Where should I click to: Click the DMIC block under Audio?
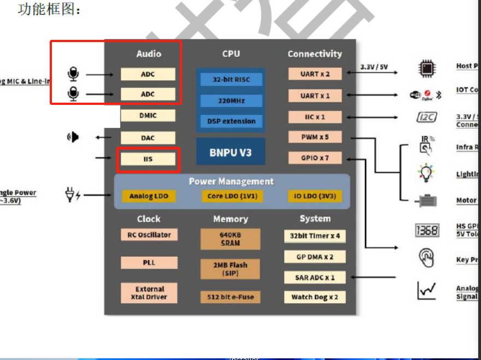(x=148, y=115)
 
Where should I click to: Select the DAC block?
(x=148, y=138)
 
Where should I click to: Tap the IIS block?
(x=148, y=159)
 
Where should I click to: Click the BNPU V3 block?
(x=231, y=152)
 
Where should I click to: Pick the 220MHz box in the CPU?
(x=231, y=101)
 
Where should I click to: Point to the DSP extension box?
(x=231, y=121)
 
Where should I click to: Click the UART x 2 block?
(x=314, y=74)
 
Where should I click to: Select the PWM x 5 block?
(x=314, y=137)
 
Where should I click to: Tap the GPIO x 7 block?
(x=314, y=158)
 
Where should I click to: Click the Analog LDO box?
(x=149, y=196)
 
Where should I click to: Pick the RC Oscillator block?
(x=149, y=235)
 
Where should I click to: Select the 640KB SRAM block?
(x=230, y=239)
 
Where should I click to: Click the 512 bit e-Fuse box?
(x=230, y=297)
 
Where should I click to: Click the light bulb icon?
(x=426, y=173)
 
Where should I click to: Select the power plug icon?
(x=72, y=194)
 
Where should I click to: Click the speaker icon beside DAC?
(x=73, y=137)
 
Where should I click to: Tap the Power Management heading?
(x=231, y=181)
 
